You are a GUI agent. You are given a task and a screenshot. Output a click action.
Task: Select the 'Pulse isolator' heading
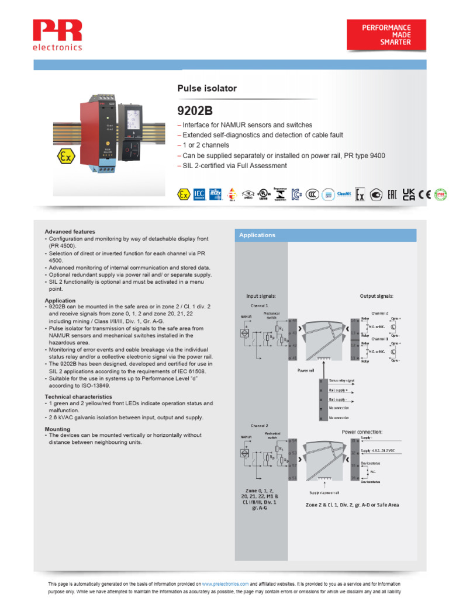click(207, 89)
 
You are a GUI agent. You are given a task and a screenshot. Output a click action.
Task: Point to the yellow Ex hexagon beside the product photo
click(64, 157)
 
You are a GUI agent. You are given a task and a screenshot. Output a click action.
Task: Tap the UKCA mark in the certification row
click(409, 194)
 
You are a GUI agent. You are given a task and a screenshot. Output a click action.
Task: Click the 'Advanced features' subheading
click(70, 232)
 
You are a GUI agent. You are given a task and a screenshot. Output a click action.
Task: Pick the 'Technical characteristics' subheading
click(79, 397)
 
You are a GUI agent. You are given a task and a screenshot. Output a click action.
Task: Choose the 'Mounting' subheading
click(57, 429)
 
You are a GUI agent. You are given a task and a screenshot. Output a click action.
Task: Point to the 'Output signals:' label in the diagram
click(376, 296)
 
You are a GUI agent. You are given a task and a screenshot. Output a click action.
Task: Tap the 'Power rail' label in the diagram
click(306, 370)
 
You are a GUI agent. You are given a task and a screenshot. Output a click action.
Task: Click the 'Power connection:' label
click(362, 432)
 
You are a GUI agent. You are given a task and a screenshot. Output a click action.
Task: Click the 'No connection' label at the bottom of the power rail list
click(339, 418)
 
